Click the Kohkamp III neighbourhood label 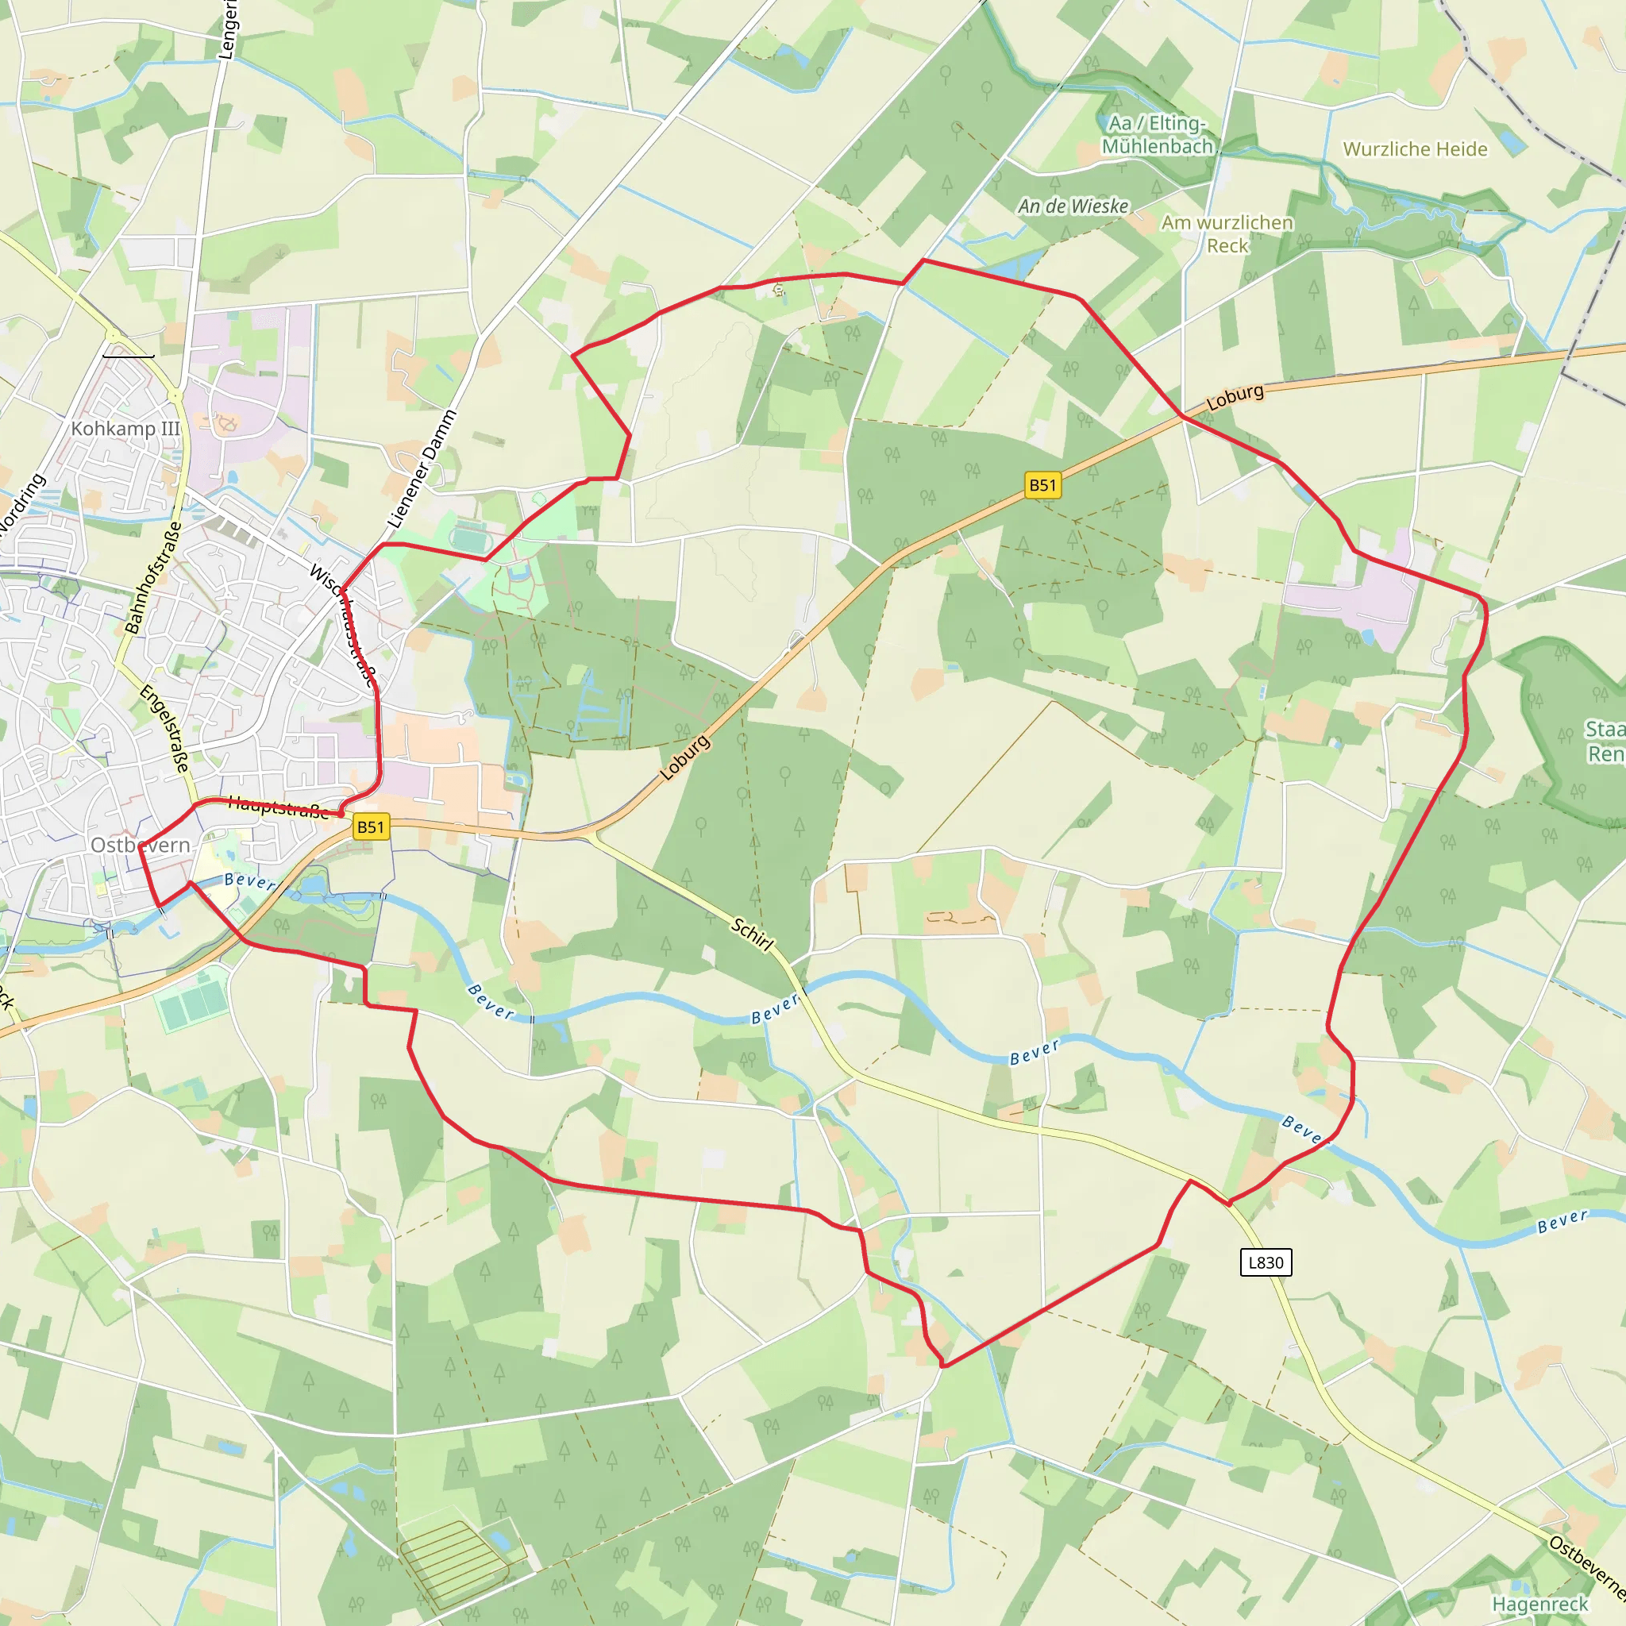click(125, 429)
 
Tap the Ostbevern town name click(141, 845)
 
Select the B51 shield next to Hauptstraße click(370, 826)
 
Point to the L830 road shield click(1266, 1262)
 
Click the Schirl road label click(752, 935)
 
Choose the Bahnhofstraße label click(153, 577)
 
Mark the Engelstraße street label click(164, 729)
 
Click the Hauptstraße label click(278, 807)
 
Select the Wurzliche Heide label click(1415, 149)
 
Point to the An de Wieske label click(1073, 206)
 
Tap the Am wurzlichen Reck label click(1227, 234)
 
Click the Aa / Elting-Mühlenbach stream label click(1158, 135)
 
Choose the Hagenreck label click(1540, 1604)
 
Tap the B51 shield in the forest click(1042, 485)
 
